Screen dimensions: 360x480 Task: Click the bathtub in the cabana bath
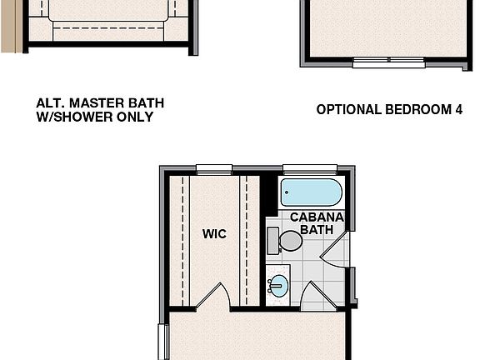pyautogui.click(x=311, y=192)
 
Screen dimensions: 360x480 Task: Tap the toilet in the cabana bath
pyautogui.click(x=290, y=241)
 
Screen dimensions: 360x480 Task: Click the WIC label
pyautogui.click(x=214, y=234)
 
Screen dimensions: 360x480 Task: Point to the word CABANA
pyautogui.click(x=317, y=216)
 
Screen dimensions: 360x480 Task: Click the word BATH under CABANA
pyautogui.click(x=317, y=228)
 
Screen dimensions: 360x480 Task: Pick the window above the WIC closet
pyautogui.click(x=214, y=169)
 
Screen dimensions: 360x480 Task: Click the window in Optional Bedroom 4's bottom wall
pyautogui.click(x=388, y=61)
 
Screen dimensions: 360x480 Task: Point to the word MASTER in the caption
pyautogui.click(x=92, y=103)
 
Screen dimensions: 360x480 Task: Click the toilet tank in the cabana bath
pyautogui.click(x=272, y=241)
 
